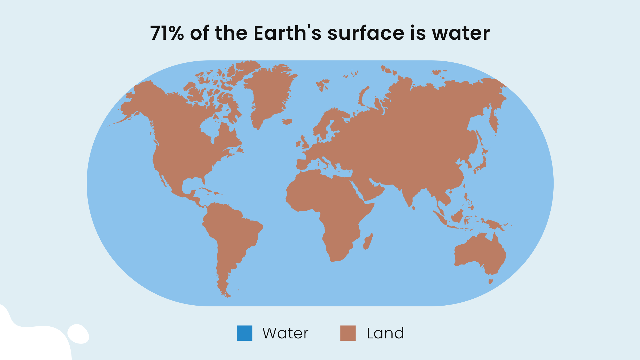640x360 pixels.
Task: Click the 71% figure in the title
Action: click(x=167, y=33)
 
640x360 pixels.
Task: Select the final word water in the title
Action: click(x=461, y=33)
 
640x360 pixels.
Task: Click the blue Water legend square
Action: click(x=245, y=333)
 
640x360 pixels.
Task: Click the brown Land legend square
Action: click(x=348, y=333)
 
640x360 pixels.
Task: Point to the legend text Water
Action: click(x=285, y=333)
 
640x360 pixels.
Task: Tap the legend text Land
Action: click(x=385, y=333)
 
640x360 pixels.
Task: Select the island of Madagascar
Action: click(x=368, y=242)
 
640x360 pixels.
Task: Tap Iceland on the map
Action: click(x=287, y=122)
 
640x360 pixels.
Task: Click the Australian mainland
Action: click(x=480, y=253)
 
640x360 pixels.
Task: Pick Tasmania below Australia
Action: click(x=491, y=281)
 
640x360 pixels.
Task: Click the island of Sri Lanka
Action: click(x=413, y=207)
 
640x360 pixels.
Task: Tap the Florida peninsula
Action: click(x=203, y=180)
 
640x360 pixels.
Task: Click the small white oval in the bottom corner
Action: click(x=78, y=334)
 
